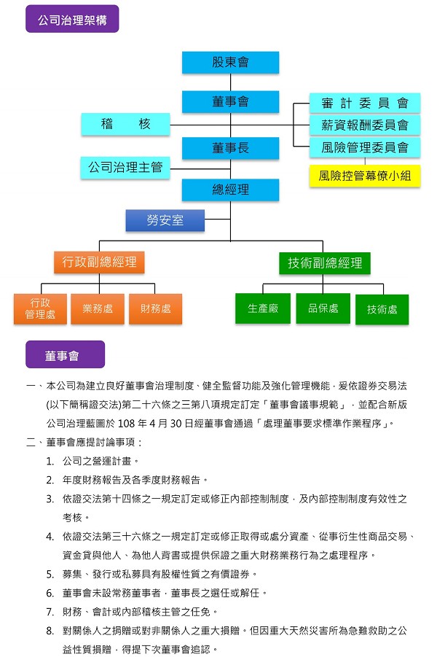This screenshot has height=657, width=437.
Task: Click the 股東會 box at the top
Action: coord(230,63)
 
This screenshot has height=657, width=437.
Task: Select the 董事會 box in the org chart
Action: coord(230,102)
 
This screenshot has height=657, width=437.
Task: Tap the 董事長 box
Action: coord(230,148)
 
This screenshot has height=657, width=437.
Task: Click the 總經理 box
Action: coord(230,190)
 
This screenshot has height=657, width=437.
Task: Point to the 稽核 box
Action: coord(125,124)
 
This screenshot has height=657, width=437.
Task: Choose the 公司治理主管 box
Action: coord(125,168)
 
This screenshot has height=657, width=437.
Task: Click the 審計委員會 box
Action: coord(365,103)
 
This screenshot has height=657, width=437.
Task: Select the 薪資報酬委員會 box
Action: coord(365,125)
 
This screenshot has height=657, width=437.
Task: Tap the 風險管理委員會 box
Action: coord(365,147)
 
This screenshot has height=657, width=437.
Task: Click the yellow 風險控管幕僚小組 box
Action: coord(365,176)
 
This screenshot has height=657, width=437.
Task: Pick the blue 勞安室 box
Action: coord(165,220)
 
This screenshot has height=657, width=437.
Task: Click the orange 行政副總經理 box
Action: coord(99,263)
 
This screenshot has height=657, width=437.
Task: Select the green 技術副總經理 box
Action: coord(325,263)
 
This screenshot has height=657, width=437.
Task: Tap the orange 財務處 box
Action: coord(155,308)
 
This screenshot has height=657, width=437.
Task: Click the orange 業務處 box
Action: coord(98,308)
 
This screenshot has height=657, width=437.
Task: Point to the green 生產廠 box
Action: coord(263,308)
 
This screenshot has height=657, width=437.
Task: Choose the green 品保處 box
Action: coord(323,308)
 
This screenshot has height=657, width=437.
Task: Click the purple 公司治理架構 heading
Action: coord(72,19)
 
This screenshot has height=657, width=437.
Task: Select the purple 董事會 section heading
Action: coord(66,354)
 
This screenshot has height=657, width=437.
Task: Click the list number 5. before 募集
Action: coord(50,574)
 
